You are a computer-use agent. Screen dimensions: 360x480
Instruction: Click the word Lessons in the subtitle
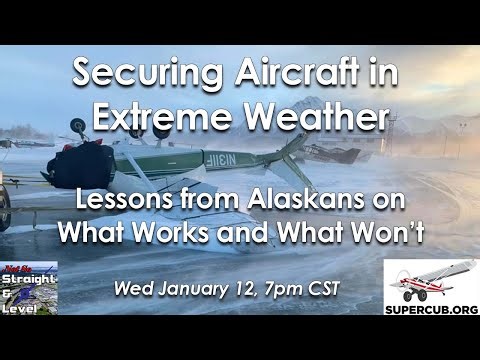[121, 199]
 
